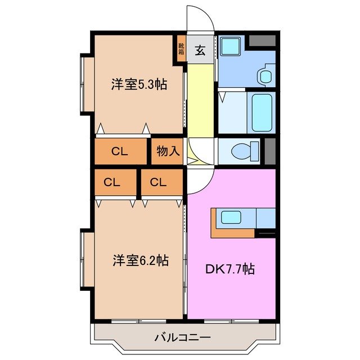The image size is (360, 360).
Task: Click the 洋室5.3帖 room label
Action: [x=138, y=85]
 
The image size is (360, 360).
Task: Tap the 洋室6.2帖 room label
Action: [x=140, y=261]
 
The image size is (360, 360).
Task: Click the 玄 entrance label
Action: [x=200, y=50]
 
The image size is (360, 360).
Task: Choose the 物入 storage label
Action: [x=167, y=151]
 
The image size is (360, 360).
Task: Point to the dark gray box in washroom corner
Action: [x=262, y=40]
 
